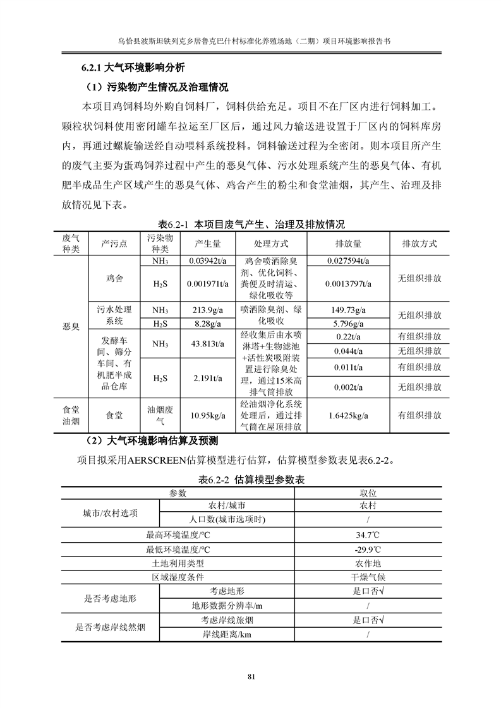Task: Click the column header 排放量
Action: click(x=348, y=244)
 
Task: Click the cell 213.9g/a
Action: click(x=207, y=310)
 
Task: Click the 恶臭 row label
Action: click(x=71, y=326)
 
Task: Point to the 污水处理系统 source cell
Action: click(x=114, y=316)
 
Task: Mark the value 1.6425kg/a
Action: click(x=348, y=415)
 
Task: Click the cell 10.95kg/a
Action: click(x=207, y=415)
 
